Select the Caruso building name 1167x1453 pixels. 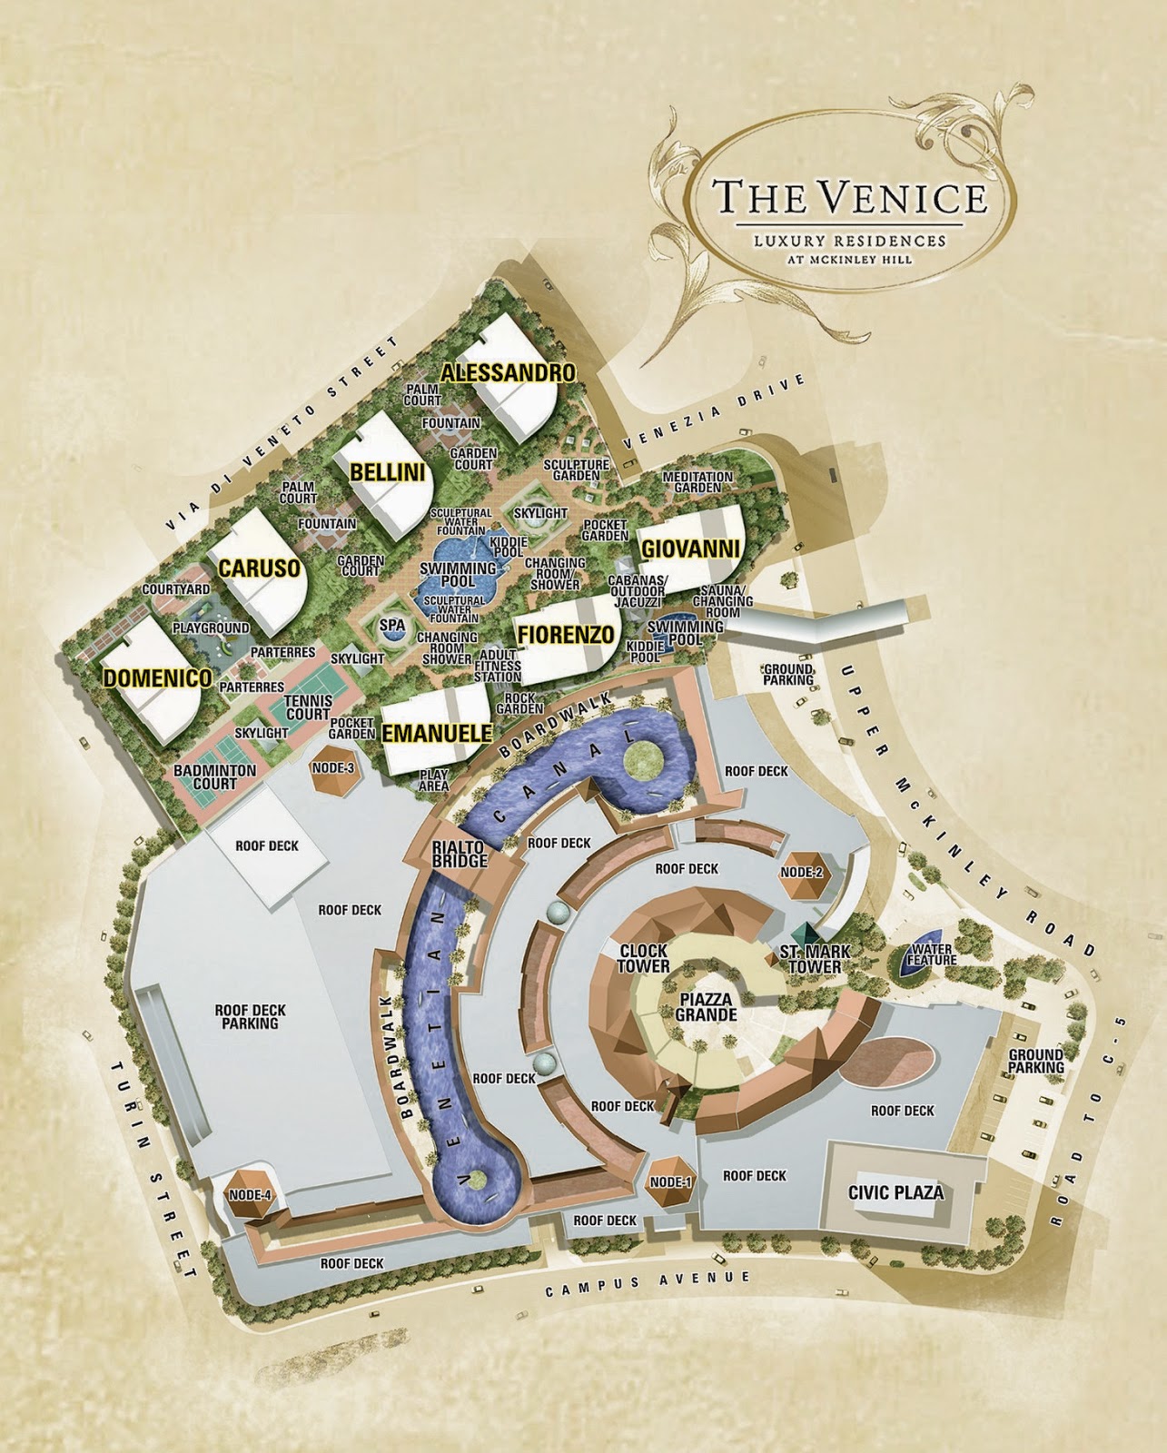coord(259,568)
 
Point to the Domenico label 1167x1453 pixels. coord(157,677)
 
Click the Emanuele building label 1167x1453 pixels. coord(437,733)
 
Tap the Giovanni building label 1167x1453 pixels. coord(690,549)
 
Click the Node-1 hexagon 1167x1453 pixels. coord(671,1182)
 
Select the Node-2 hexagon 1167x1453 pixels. coord(801,872)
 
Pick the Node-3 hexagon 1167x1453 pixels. coord(332,768)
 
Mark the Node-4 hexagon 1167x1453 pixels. coord(251,1195)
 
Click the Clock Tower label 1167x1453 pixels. coord(644,958)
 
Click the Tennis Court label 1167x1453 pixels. coord(308,707)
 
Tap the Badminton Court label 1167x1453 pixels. coord(214,776)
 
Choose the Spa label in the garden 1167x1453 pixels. coord(392,626)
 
